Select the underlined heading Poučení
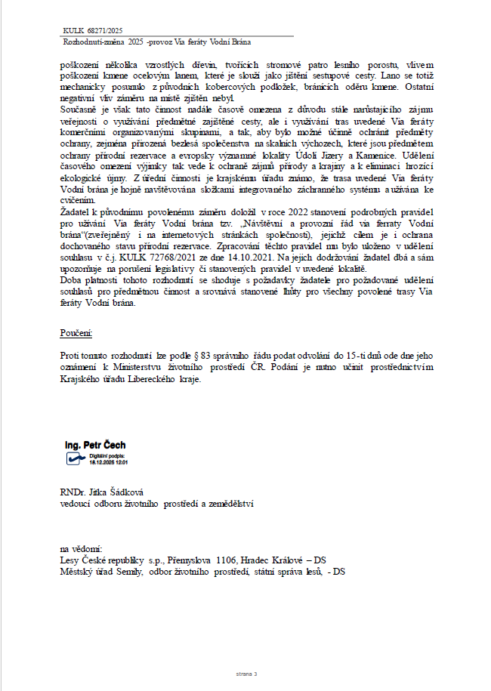click(76, 332)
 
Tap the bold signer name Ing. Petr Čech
click(95, 448)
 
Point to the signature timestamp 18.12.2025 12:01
click(109, 462)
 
